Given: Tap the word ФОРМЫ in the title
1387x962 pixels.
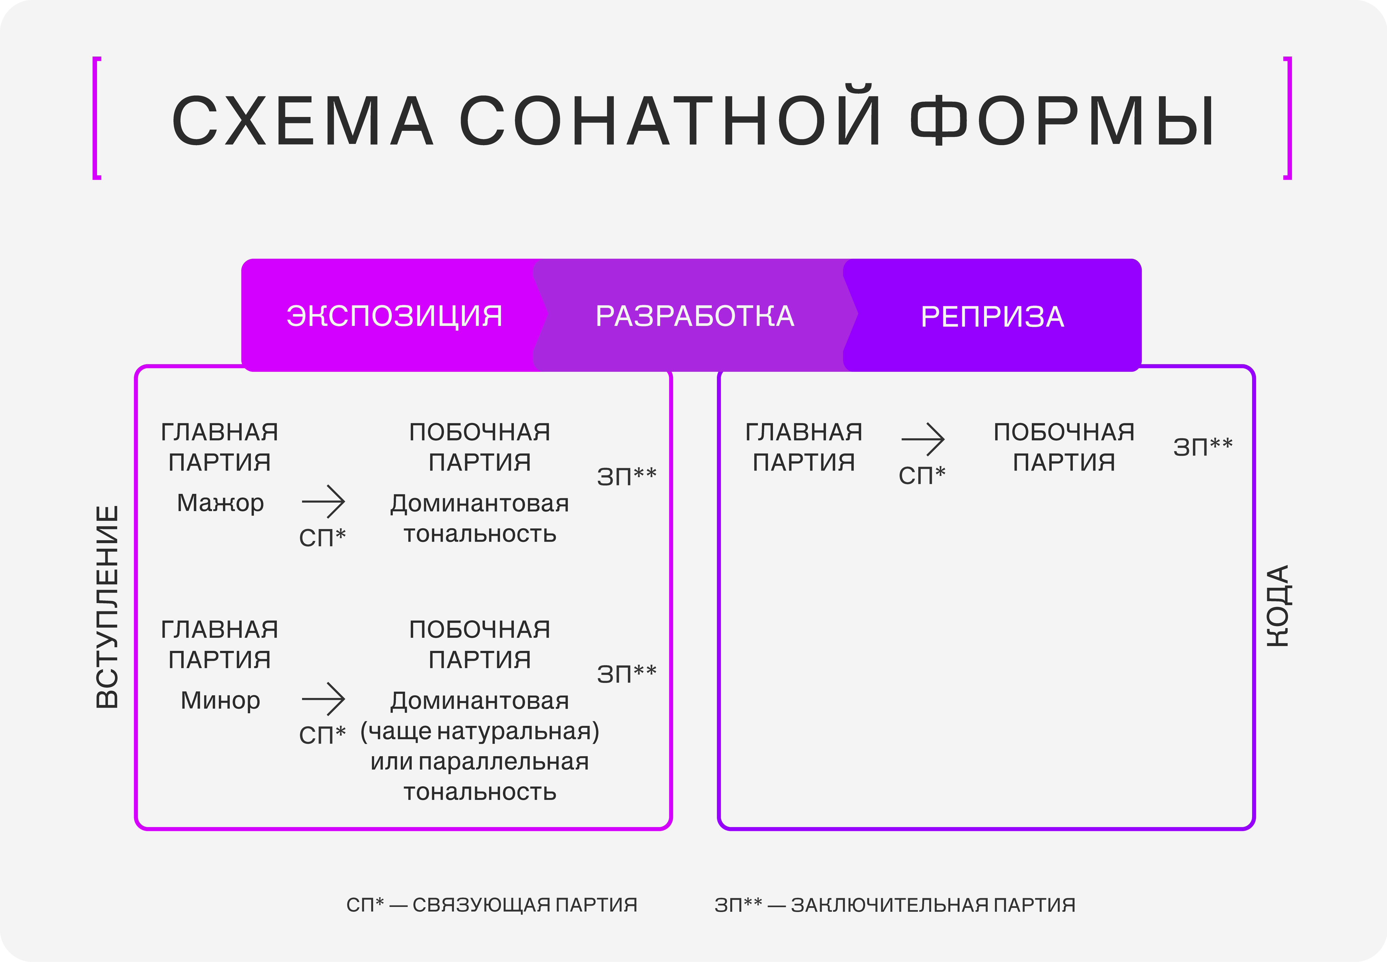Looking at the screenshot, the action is (x=1062, y=121).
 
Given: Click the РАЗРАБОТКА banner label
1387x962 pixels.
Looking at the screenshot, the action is (x=695, y=316).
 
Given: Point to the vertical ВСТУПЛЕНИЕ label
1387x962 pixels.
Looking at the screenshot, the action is (x=107, y=606).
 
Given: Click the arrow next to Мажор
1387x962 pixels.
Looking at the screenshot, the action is (x=324, y=501).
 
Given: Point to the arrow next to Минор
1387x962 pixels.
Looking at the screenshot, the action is (x=324, y=699).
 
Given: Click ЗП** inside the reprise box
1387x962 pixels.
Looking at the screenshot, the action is (x=1203, y=447).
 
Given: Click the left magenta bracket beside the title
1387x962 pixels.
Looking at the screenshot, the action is (x=96, y=118).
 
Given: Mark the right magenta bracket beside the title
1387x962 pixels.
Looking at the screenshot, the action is (x=1288, y=118).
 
